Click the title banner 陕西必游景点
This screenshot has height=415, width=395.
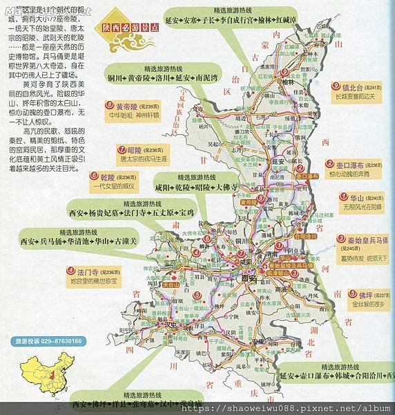coord(129,28)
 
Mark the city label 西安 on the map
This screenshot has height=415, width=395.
coord(249,278)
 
